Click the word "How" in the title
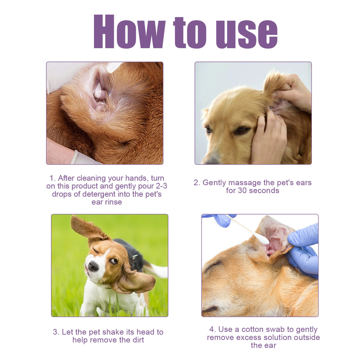click(x=129, y=32)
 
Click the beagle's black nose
click(x=93, y=266)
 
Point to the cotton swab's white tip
click(x=262, y=239)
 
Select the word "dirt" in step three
click(x=137, y=340)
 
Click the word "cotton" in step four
click(x=263, y=329)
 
